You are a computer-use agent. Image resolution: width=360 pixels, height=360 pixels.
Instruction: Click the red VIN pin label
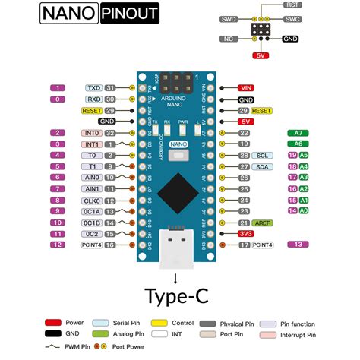click(245, 88)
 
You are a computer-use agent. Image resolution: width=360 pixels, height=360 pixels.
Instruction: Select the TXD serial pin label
click(94, 88)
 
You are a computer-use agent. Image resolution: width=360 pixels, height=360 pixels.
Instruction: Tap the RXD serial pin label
click(94, 99)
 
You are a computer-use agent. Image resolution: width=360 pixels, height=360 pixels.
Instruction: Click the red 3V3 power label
click(245, 234)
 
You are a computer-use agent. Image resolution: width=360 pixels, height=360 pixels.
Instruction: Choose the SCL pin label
click(262, 155)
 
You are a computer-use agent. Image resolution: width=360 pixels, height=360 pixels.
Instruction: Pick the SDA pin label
click(262, 166)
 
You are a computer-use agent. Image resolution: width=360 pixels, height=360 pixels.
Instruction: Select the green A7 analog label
click(298, 133)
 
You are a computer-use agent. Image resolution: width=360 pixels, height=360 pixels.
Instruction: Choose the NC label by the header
click(227, 37)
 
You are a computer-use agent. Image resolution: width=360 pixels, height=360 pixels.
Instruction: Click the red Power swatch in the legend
click(53, 322)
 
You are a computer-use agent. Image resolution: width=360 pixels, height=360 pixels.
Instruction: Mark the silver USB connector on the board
click(175, 251)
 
